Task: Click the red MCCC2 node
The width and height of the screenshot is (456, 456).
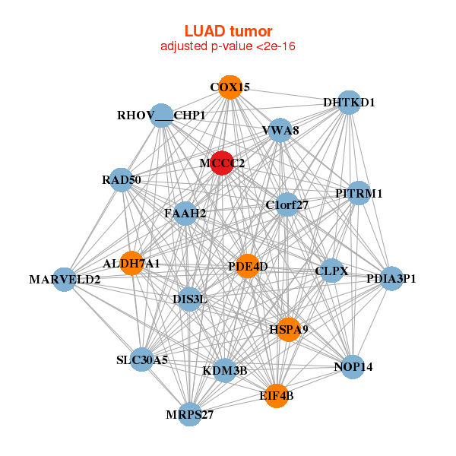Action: coord(221,163)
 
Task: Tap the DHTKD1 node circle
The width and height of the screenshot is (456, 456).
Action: coord(348,103)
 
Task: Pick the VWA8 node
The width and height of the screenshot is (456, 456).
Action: coord(280,131)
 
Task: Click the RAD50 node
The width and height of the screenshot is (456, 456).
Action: coord(122,180)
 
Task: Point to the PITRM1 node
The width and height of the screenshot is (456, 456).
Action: coord(358,193)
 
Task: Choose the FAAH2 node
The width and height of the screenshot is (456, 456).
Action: coord(185,214)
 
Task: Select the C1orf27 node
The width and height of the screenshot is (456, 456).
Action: coord(287,204)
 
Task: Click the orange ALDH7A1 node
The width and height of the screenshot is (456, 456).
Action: coord(131,263)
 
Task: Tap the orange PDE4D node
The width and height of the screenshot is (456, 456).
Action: coord(247,266)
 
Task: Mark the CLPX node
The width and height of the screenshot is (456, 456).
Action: coord(331,271)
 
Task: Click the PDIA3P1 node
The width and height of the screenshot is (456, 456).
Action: coord(391,279)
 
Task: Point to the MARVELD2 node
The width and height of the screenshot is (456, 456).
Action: coord(65,280)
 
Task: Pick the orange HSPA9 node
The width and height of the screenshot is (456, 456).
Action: coord(288,329)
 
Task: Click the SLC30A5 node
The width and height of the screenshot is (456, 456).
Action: coord(142,359)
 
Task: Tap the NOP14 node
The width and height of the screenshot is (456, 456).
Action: coord(353,367)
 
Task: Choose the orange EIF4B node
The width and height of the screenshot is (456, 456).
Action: coord(277,395)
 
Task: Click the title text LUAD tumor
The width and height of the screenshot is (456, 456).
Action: coord(228,31)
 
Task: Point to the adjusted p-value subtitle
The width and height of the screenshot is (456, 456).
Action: coord(228,46)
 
